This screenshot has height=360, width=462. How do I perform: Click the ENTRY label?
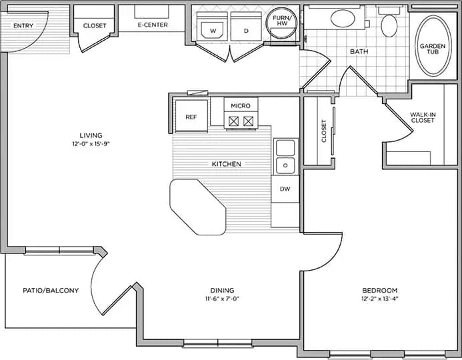23,25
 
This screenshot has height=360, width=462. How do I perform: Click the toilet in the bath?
389,23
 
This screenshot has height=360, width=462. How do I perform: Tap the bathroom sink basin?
344,19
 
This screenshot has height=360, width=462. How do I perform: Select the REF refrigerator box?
191,116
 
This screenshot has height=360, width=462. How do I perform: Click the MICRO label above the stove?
241,106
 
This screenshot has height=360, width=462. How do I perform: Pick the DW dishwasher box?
285,189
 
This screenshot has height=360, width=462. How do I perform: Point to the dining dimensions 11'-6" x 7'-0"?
222,299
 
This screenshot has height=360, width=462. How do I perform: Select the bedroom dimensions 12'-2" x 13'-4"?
379,299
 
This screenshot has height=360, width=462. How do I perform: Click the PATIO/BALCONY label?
51,290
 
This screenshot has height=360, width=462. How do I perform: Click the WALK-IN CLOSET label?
423,117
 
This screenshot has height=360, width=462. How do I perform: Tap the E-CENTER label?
153,25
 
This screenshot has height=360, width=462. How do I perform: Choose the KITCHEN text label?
227,164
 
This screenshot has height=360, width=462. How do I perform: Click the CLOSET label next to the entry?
95,25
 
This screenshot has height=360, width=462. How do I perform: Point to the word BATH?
359,51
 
